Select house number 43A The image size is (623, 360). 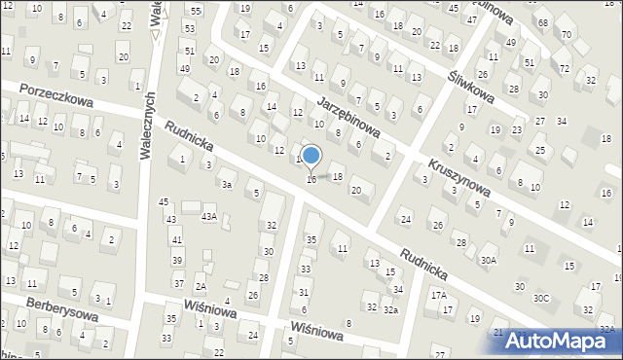[208, 216]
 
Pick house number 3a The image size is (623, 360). [227, 184]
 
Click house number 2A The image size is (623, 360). [200, 286]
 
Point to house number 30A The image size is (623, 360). [489, 261]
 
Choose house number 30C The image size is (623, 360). [540, 297]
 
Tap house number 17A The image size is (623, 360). [439, 295]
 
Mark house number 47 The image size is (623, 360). [471, 19]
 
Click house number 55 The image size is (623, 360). [196, 10]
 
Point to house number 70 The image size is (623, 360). [566, 36]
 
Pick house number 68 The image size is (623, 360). [542, 22]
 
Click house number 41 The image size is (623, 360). [176, 239]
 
